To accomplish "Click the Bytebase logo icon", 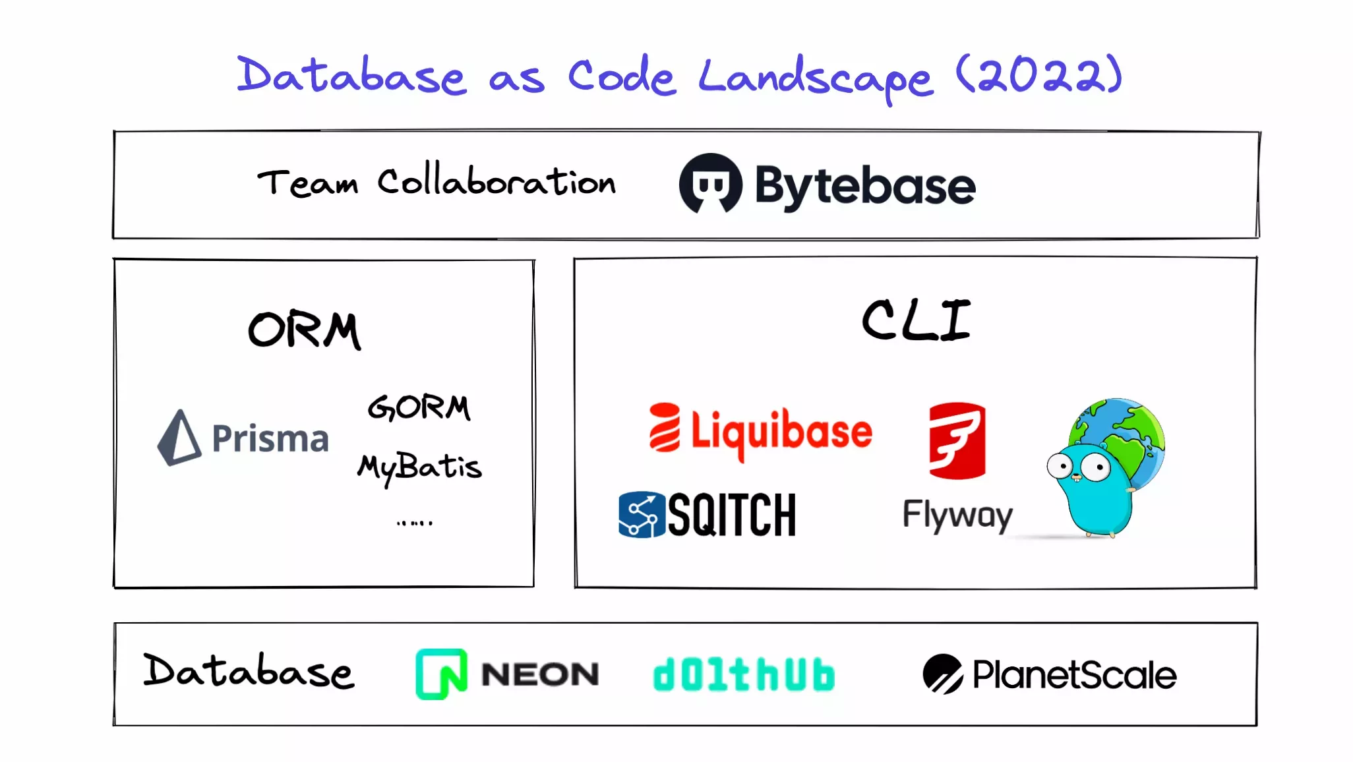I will tap(710, 184).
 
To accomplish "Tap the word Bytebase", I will tap(864, 186).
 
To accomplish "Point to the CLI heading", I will tap(916, 320).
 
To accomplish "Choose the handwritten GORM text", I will tap(419, 407).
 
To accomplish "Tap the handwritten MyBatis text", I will tap(419, 467).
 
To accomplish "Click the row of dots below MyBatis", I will tap(414, 523).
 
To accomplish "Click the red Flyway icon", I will tap(957, 440).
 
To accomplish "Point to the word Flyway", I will tap(957, 515).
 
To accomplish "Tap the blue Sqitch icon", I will tap(641, 515).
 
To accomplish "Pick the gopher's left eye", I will tap(1060, 467).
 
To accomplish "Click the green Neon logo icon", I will tap(441, 674).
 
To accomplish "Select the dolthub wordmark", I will tap(744, 674).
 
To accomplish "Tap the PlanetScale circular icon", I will tap(943, 674).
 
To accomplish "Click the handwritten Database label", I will tap(249, 671).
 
